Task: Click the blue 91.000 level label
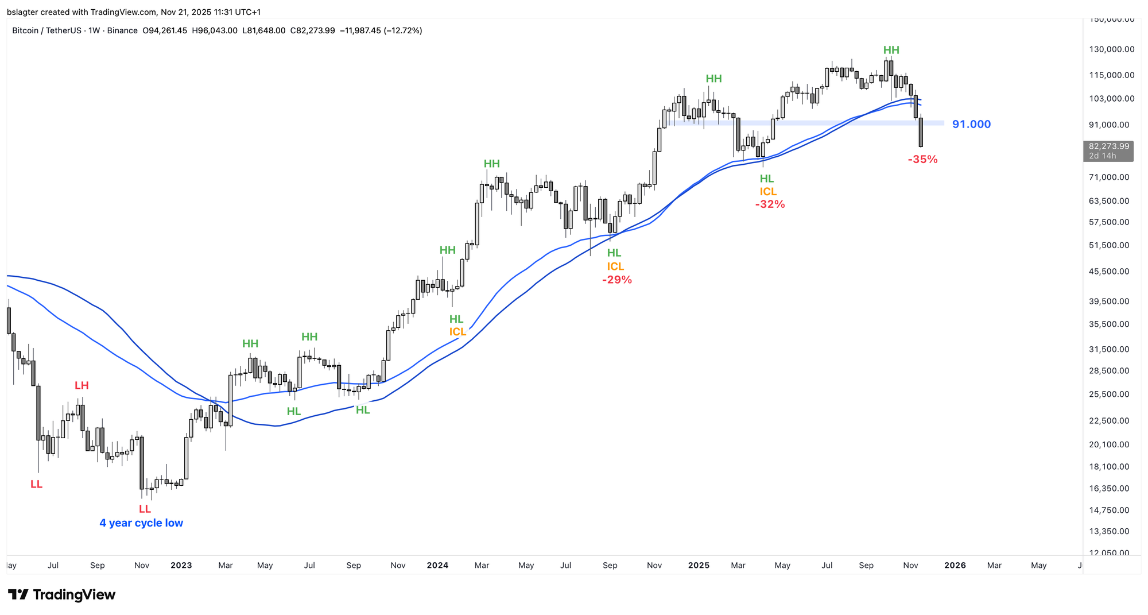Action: [x=971, y=124]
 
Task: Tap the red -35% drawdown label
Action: [x=922, y=160]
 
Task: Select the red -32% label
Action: [x=770, y=204]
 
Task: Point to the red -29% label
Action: [x=616, y=280]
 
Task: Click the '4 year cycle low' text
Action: [x=141, y=523]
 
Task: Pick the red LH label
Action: [x=82, y=385]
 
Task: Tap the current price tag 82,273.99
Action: [x=1108, y=146]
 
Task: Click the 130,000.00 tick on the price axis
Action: [x=1111, y=49]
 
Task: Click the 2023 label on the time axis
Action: [x=181, y=565]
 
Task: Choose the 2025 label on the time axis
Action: [x=699, y=565]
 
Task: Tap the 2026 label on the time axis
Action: [x=955, y=565]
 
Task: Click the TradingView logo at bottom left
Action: [x=62, y=594]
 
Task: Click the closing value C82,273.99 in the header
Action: [x=312, y=30]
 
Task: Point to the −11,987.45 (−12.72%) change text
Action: [x=381, y=30]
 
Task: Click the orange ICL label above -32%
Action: [x=768, y=192]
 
